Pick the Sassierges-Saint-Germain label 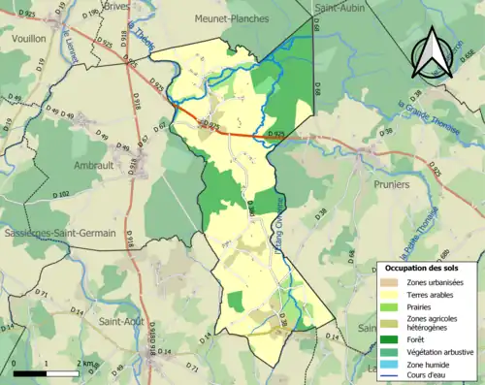coord(58,234)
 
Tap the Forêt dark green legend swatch coord(390,339)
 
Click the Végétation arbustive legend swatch coord(390,352)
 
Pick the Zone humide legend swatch coord(390,365)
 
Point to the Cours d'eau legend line coord(390,376)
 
